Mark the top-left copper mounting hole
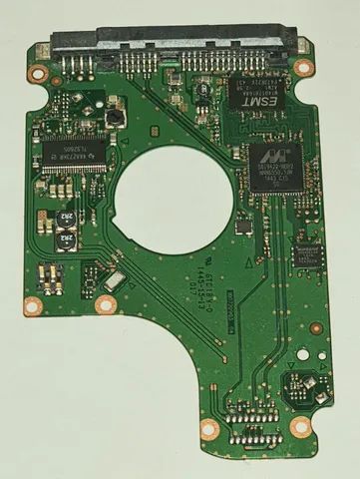[41, 73]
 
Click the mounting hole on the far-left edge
[33, 305]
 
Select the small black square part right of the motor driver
[117, 117]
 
